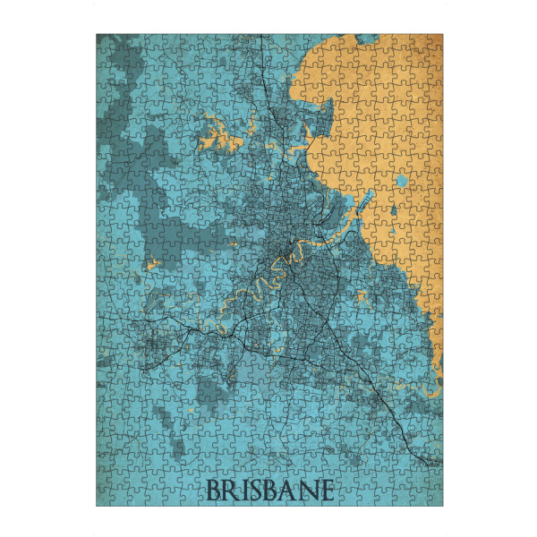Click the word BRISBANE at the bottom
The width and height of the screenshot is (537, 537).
270,490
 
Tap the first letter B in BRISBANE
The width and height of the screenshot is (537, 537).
214,490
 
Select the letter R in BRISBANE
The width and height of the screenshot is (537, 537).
232,490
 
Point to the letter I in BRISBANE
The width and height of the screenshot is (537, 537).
244,490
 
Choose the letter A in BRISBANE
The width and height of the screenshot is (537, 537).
288,490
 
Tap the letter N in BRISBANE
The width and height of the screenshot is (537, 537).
307,490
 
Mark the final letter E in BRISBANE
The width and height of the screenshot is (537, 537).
326,490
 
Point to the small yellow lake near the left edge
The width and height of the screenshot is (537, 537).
152,264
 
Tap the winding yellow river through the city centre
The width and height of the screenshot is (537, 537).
268,268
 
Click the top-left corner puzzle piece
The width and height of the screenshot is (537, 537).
106,43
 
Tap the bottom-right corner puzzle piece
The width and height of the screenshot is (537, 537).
433,497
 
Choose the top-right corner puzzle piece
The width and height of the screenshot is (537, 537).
433,43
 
